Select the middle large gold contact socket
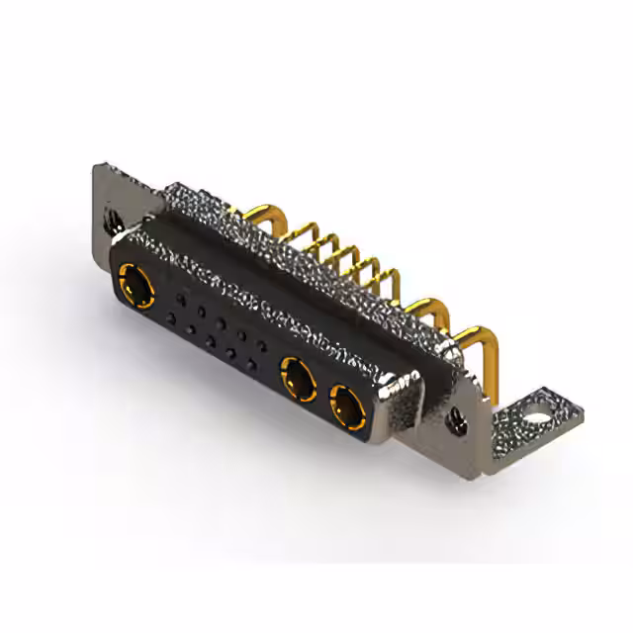[x=298, y=377]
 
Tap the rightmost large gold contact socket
[x=345, y=404]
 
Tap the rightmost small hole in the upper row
[x=261, y=344]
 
